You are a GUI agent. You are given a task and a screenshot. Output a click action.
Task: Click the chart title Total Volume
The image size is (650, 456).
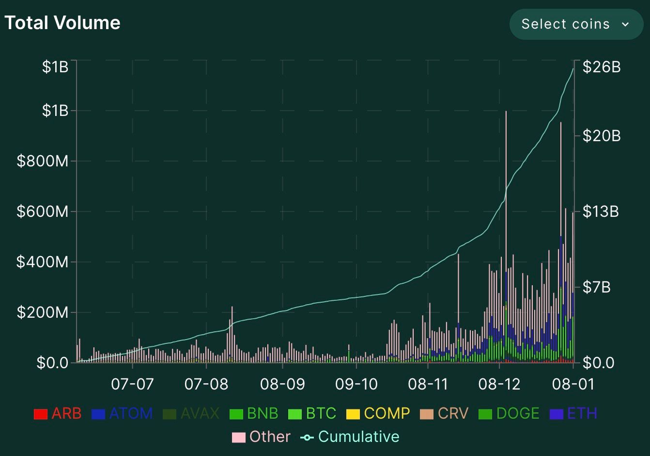[x=62, y=23]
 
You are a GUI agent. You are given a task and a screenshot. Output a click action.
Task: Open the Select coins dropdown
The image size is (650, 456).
[x=575, y=24]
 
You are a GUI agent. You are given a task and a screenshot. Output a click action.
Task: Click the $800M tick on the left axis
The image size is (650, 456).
[x=43, y=161]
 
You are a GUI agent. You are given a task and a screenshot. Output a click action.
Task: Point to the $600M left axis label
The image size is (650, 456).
[x=43, y=212]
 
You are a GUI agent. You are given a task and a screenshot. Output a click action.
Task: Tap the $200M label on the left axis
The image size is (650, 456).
[x=43, y=312]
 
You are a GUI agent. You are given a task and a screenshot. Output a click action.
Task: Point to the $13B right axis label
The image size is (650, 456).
[x=601, y=212]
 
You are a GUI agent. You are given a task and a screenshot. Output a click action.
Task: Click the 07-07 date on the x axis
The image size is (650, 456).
[x=132, y=384]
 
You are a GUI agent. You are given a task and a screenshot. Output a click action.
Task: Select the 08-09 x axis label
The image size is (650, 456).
[x=282, y=384]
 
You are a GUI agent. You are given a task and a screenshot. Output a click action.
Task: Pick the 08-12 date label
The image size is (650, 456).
[x=499, y=384]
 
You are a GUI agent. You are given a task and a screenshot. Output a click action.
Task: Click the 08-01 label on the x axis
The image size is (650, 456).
[x=573, y=384]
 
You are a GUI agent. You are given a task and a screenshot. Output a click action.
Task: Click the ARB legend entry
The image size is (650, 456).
[x=58, y=413]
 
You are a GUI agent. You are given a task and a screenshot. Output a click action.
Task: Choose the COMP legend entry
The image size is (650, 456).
[x=378, y=413]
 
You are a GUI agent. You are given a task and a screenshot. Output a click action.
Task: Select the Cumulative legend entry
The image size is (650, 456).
[x=350, y=437]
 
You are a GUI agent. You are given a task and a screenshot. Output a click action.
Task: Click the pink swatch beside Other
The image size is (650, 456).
[x=238, y=437]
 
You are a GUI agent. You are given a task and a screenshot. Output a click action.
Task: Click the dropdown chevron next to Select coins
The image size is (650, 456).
[x=625, y=24]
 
